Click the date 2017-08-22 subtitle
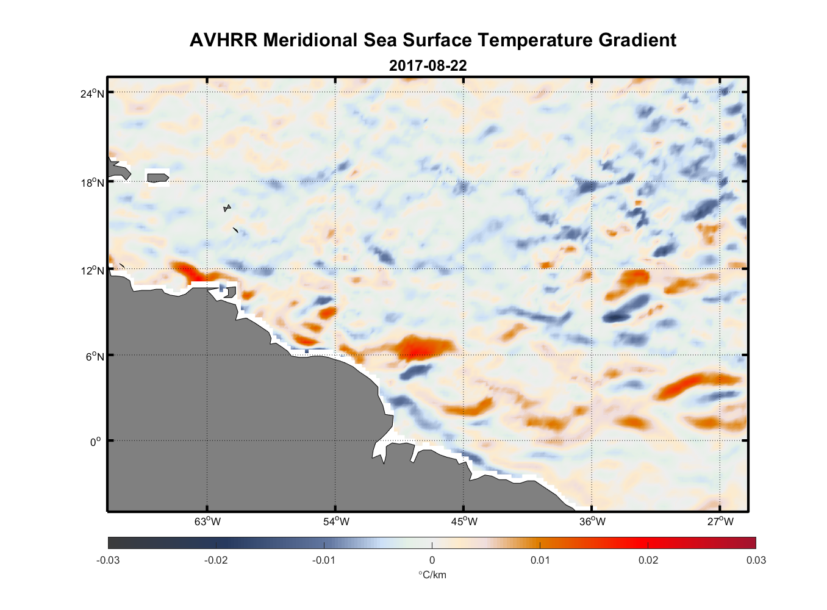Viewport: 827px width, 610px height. [428, 65]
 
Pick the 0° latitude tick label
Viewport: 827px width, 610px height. [96, 442]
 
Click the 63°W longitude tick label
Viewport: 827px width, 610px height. [208, 522]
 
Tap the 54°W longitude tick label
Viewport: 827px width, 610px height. [336, 522]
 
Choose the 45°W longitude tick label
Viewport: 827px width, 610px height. [464, 522]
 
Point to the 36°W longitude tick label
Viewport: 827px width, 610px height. [592, 522]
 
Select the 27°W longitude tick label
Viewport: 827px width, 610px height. [720, 522]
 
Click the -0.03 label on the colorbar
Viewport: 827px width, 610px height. [108, 560]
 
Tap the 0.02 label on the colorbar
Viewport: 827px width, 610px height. [648, 560]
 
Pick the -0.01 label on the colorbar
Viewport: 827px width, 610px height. [323, 560]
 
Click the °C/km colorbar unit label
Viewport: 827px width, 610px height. [432, 575]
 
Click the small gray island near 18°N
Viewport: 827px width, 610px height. [158, 178]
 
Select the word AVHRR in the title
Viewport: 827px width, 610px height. [224, 40]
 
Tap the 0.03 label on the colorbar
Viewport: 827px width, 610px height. [756, 560]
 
